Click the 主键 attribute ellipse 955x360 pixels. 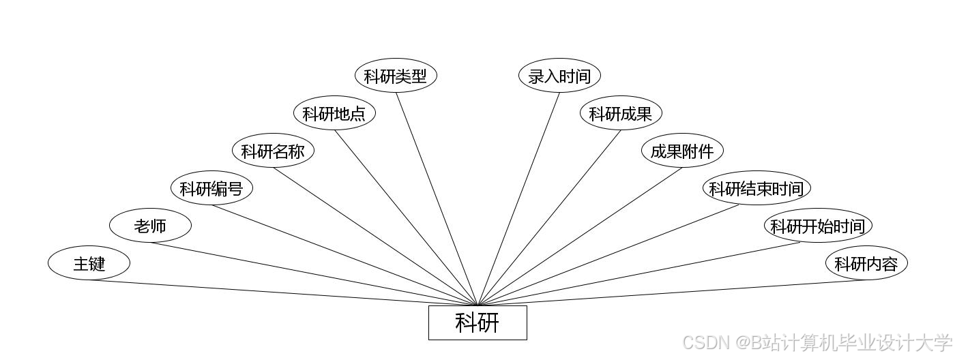click(x=89, y=263)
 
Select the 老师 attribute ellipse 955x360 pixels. click(x=150, y=226)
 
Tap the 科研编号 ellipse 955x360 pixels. click(x=211, y=188)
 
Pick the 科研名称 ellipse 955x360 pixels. click(x=273, y=151)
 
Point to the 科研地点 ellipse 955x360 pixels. click(x=334, y=113)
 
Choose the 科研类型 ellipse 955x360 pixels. click(x=396, y=76)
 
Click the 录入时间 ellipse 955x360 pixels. click(x=559, y=76)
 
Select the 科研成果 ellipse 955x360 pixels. click(x=621, y=113)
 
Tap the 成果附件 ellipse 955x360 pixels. click(x=682, y=151)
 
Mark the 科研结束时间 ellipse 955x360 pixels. click(x=756, y=188)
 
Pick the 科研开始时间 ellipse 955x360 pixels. click(x=818, y=226)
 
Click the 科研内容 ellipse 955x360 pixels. click(x=866, y=263)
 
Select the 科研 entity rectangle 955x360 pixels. click(x=477, y=322)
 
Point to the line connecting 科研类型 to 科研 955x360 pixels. click(x=437, y=198)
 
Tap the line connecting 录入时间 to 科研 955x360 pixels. click(x=518, y=198)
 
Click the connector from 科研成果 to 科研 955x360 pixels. click(x=549, y=217)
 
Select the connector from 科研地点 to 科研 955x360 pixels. click(x=406, y=217)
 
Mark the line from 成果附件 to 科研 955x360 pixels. click(x=580, y=236)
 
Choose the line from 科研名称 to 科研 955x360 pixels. click(x=375, y=236)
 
